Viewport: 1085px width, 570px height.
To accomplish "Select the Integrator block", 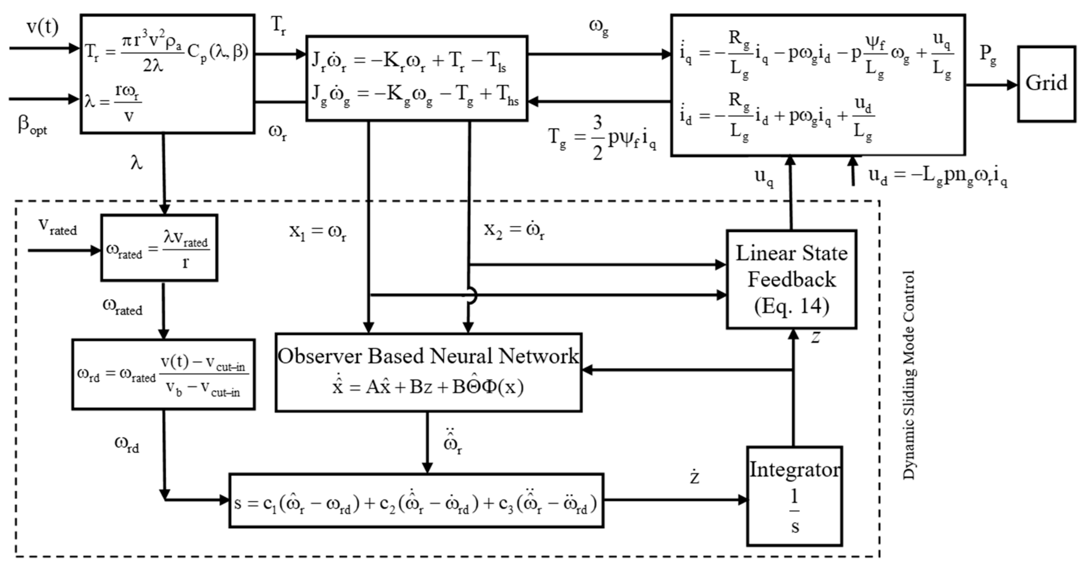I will [x=794, y=496].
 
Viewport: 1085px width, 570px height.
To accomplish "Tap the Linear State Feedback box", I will [x=791, y=279].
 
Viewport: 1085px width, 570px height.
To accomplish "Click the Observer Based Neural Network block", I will [x=428, y=372].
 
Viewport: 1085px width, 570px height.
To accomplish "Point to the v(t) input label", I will [x=43, y=27].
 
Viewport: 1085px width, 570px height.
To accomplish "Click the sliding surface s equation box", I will [x=416, y=500].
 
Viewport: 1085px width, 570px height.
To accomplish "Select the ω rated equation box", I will [x=159, y=248].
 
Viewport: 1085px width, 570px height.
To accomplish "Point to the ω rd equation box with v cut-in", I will [x=163, y=374].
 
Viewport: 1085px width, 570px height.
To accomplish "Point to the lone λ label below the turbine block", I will [x=136, y=162].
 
